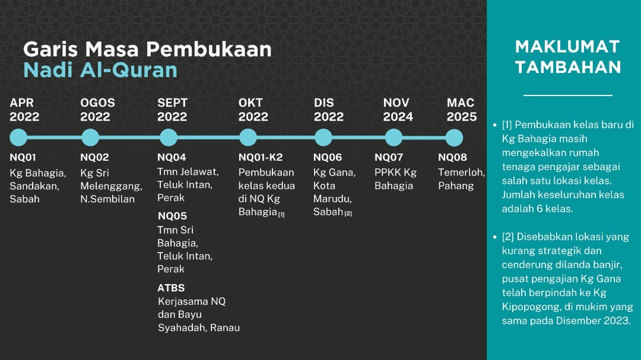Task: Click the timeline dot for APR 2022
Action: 18,138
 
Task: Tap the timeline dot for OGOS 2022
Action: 90,138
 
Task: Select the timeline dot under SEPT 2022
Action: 169,138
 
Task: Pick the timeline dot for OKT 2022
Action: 247,138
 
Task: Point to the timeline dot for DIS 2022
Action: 323,138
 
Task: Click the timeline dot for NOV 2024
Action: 394,138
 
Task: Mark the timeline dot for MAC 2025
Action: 454,138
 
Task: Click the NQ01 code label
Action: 23,157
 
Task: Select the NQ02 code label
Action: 94,157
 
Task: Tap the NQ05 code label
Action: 172,216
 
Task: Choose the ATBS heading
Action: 171,288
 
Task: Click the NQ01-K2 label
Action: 261,157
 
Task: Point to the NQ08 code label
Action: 452,157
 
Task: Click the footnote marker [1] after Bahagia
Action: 281,214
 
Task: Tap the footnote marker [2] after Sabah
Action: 348,214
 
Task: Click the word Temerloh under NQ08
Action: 461,173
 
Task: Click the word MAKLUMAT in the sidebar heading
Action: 567,47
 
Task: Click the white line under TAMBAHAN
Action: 568,95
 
